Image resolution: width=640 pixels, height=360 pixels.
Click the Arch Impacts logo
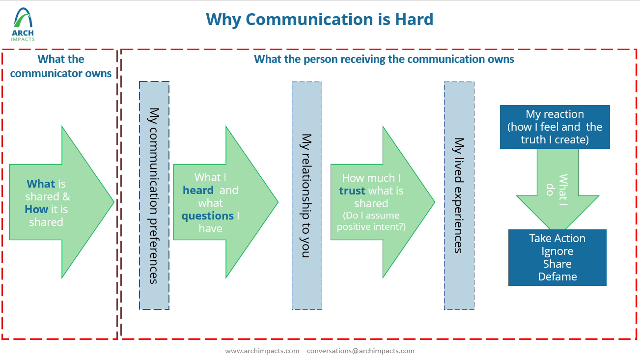(23, 24)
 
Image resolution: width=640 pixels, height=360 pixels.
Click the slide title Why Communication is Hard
(320, 20)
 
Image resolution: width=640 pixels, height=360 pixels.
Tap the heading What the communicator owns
(61, 66)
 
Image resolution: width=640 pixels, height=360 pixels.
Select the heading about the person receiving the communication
(384, 59)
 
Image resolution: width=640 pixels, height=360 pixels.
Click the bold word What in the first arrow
(41, 184)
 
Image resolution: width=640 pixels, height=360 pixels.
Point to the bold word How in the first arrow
(36, 210)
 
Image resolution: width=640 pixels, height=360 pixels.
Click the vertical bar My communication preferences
(154, 195)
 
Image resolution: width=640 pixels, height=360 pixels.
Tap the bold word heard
(198, 190)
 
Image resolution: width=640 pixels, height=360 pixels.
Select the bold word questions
(207, 216)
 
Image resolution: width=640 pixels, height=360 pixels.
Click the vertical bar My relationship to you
(307, 195)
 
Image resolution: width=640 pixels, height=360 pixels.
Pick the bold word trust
(352, 191)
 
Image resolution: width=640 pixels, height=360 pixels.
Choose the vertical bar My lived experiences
(459, 195)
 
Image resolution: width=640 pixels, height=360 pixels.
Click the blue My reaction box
(555, 127)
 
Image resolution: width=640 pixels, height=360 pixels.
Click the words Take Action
(557, 239)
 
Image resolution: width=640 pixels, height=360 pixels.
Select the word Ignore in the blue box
(557, 251)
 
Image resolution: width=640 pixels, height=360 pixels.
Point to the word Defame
(557, 277)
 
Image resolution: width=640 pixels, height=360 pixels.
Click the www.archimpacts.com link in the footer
(262, 351)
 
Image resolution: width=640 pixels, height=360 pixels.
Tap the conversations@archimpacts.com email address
(361, 351)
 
